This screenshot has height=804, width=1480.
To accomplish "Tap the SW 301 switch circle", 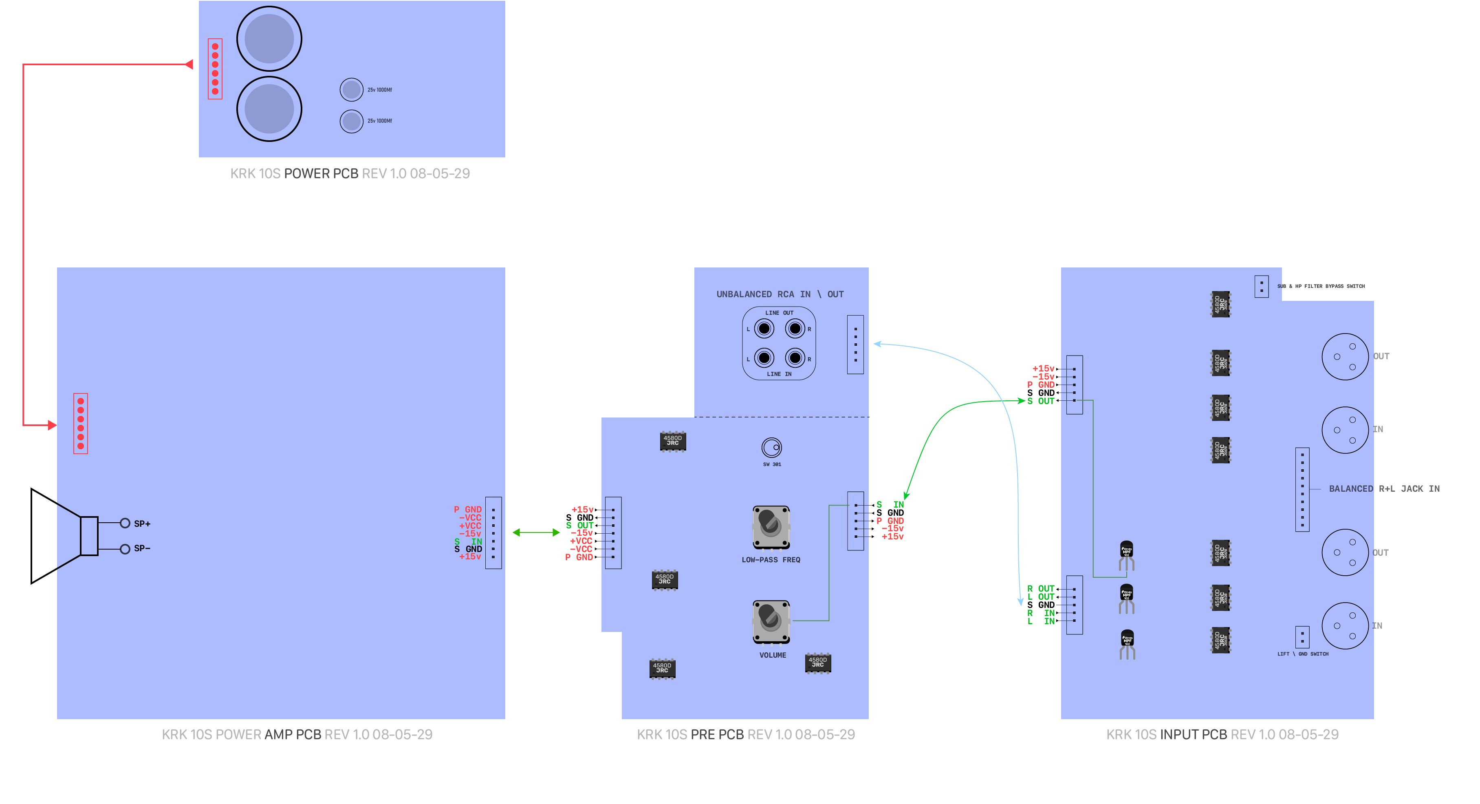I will pyautogui.click(x=772, y=447).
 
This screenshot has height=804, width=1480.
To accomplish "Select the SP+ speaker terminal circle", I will pyautogui.click(x=125, y=523).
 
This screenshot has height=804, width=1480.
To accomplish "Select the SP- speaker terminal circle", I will pyautogui.click(x=125, y=549).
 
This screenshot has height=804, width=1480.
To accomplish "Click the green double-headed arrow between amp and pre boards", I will pyautogui.click(x=535, y=533).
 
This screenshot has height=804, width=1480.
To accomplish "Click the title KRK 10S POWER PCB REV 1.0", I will pyautogui.click(x=350, y=174).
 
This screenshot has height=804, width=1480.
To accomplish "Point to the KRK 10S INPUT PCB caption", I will pyautogui.click(x=1222, y=734).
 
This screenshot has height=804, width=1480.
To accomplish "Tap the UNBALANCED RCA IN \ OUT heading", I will pyautogui.click(x=780, y=294).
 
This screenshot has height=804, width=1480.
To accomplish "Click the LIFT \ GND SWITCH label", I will pyautogui.click(x=1302, y=654).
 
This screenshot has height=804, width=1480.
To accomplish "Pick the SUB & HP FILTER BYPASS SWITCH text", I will pyautogui.click(x=1320, y=286).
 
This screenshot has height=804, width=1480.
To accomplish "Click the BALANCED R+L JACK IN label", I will pyautogui.click(x=1384, y=488).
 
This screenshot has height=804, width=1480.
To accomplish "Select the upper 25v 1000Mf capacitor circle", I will pyautogui.click(x=351, y=90).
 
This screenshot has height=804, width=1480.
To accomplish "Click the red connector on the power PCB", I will pyautogui.click(x=215, y=69).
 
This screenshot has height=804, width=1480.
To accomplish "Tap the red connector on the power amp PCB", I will pyautogui.click(x=80, y=424).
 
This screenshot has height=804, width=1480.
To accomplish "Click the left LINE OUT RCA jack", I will pyautogui.click(x=764, y=329).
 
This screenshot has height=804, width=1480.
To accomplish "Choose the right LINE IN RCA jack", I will pyautogui.click(x=795, y=358).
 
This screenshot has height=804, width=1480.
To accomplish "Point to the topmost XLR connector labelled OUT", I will pyautogui.click(x=1345, y=356).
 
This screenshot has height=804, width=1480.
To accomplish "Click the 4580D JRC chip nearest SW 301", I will pyautogui.click(x=672, y=441).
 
